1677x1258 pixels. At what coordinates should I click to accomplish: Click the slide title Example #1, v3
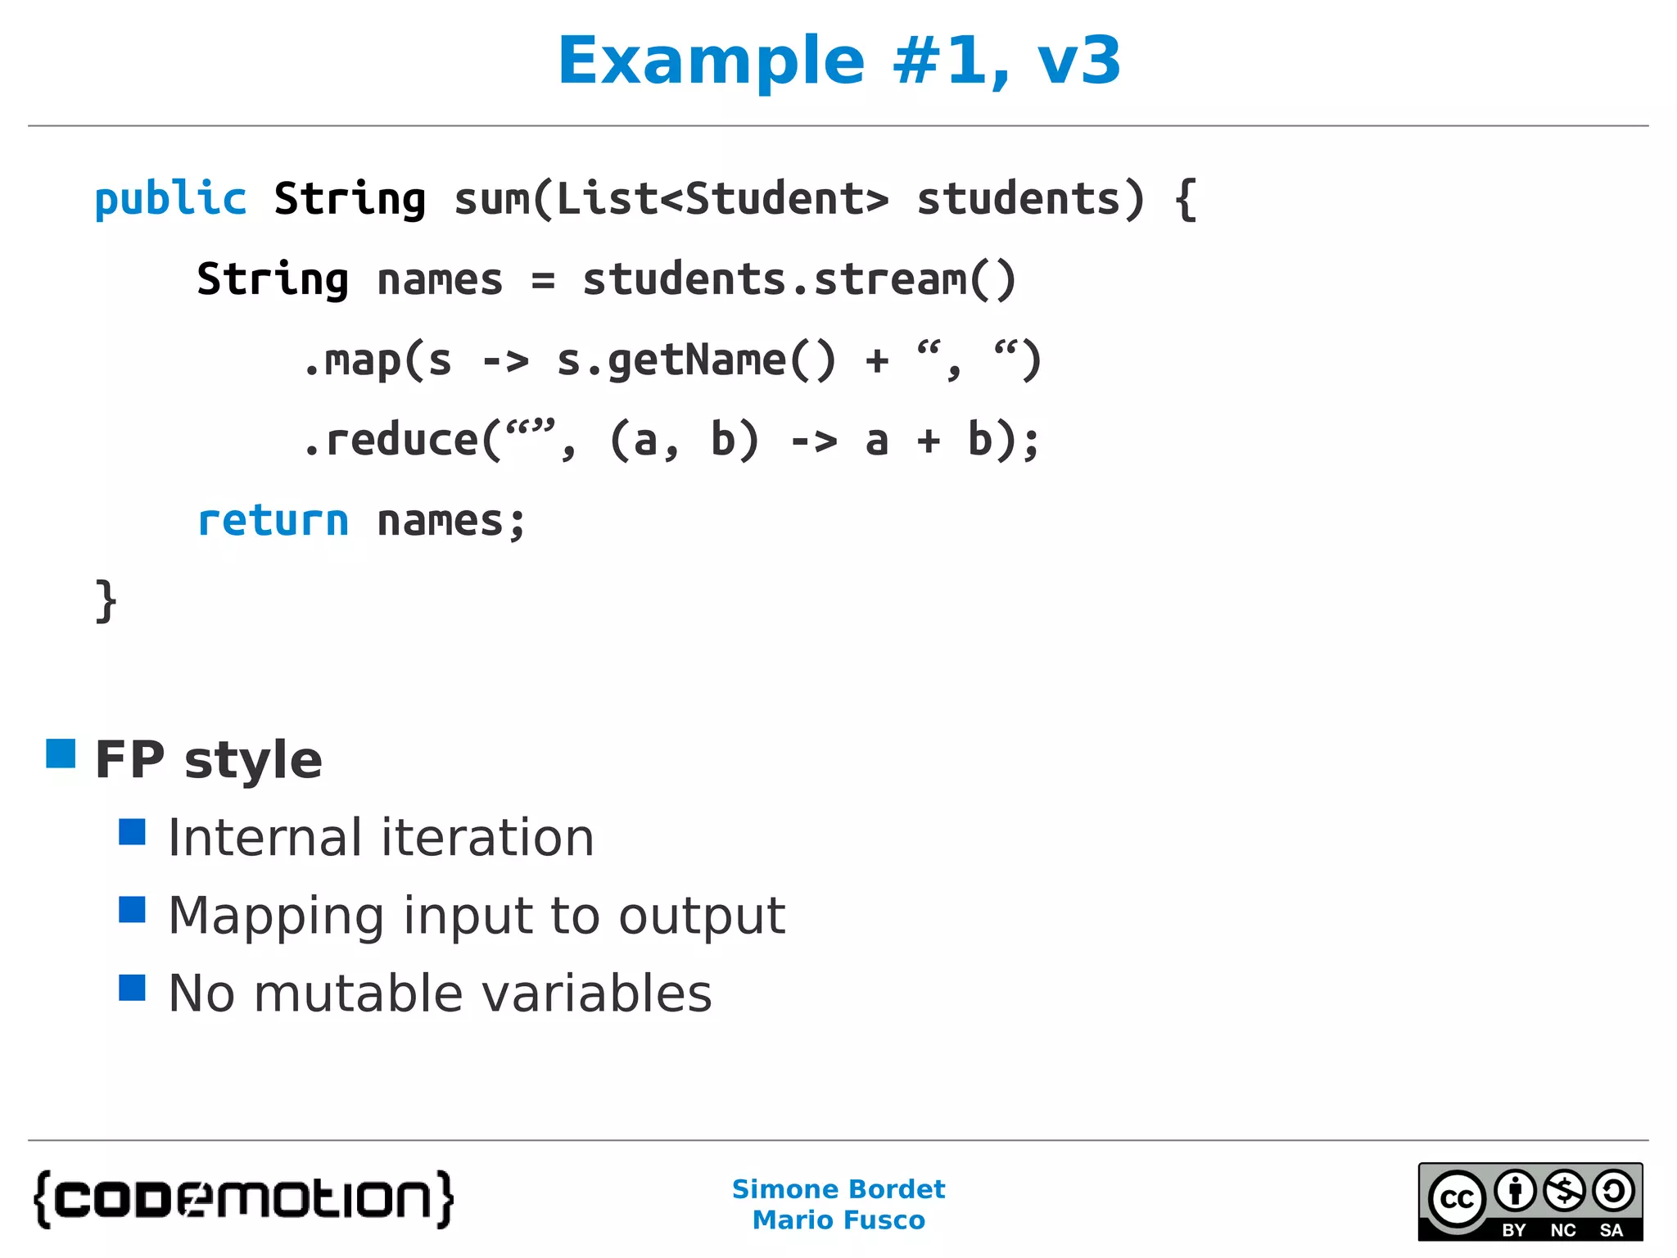838,61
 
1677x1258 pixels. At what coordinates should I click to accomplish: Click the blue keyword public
170,199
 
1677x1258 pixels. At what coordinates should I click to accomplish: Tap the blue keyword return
273,521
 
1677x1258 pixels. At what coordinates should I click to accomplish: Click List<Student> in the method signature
722,199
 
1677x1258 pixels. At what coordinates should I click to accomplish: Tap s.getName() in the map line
696,360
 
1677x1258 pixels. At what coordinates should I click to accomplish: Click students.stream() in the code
798,280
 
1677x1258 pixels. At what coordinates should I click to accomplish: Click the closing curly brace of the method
106,601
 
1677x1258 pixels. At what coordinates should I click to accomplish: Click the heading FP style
209,760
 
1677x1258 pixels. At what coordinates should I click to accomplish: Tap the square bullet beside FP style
61,753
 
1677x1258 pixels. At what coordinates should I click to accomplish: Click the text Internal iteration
381,838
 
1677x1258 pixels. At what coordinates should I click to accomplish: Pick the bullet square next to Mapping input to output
132,909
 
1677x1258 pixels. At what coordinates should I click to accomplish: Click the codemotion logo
244,1200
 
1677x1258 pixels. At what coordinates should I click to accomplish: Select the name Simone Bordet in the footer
838,1189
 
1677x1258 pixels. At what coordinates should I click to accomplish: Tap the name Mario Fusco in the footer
838,1220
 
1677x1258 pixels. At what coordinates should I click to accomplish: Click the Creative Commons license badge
1530,1201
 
